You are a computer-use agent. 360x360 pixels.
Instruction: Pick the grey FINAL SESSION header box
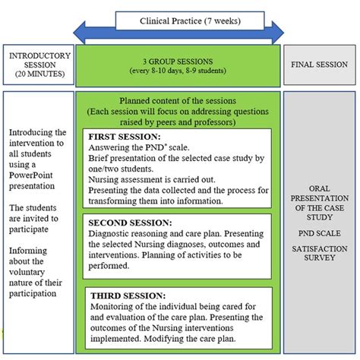click(319, 65)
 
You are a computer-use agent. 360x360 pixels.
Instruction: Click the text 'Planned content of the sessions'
click(178, 100)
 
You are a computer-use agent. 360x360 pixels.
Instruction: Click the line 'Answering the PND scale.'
click(137, 147)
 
